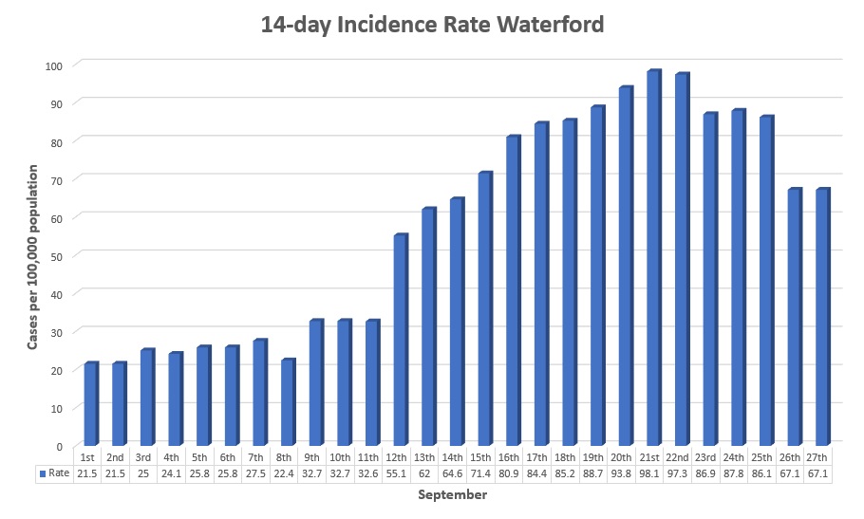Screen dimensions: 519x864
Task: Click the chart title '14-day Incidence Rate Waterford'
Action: [432, 25]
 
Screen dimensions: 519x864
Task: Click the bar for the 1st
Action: [91, 404]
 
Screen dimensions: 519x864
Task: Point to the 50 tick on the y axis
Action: [56, 255]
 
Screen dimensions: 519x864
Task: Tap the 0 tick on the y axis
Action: [59, 446]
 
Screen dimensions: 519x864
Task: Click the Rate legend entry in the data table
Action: [55, 473]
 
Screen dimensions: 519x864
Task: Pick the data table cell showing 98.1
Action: [653, 473]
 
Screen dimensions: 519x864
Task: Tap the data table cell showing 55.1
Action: [401, 473]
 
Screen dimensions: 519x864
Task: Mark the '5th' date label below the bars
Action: [203, 455]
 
